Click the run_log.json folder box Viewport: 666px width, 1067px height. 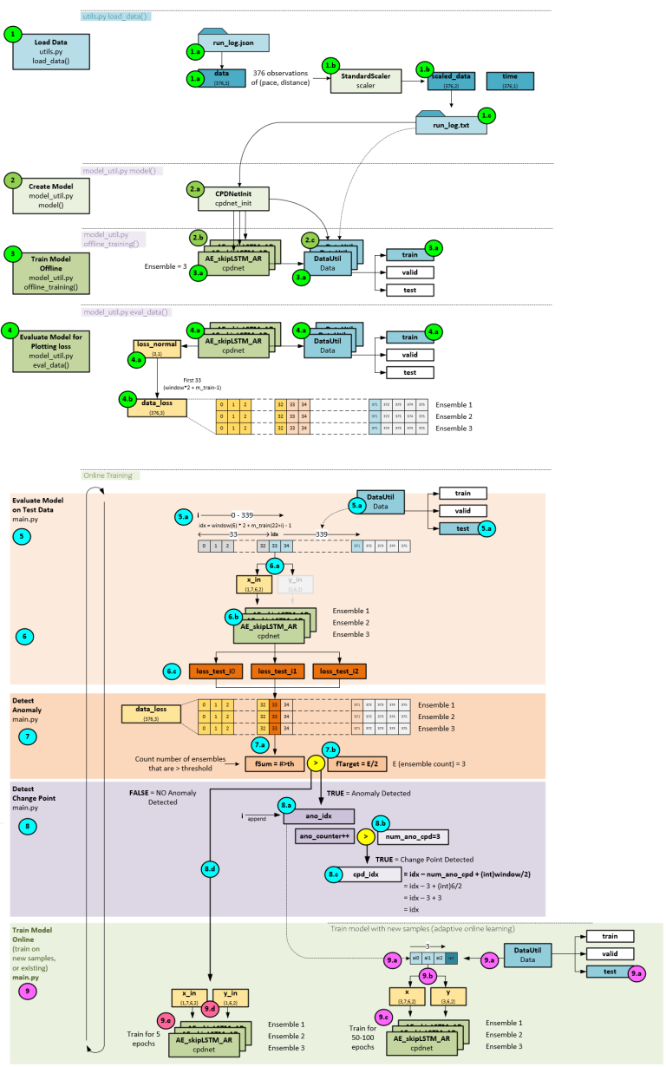(234, 42)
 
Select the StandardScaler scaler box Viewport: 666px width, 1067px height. (359, 82)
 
